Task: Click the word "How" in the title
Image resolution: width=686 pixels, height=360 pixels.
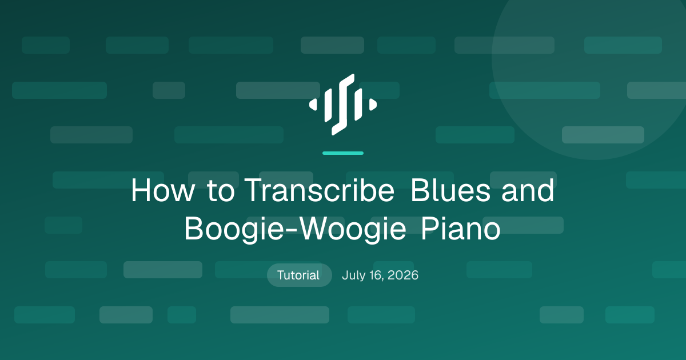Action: tap(162, 190)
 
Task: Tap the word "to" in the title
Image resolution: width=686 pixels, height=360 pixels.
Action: tap(221, 190)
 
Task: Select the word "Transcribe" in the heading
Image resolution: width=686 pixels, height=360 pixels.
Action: tap(320, 190)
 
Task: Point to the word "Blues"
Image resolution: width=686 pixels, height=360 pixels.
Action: tap(450, 190)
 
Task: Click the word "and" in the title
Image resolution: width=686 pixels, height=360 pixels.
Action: tap(528, 190)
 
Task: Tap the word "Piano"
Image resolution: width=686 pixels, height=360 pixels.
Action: tap(461, 229)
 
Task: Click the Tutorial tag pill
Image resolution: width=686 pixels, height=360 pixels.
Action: tap(299, 275)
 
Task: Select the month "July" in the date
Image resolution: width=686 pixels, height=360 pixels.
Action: tap(353, 275)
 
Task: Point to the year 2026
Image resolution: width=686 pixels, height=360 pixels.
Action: tap(402, 275)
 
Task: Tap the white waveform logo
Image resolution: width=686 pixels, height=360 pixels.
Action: tap(343, 105)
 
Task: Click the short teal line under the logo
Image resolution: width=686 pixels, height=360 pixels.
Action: tap(343, 153)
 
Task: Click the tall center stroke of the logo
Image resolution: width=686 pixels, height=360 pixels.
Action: tap(343, 105)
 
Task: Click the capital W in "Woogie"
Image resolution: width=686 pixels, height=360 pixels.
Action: tap(316, 229)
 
